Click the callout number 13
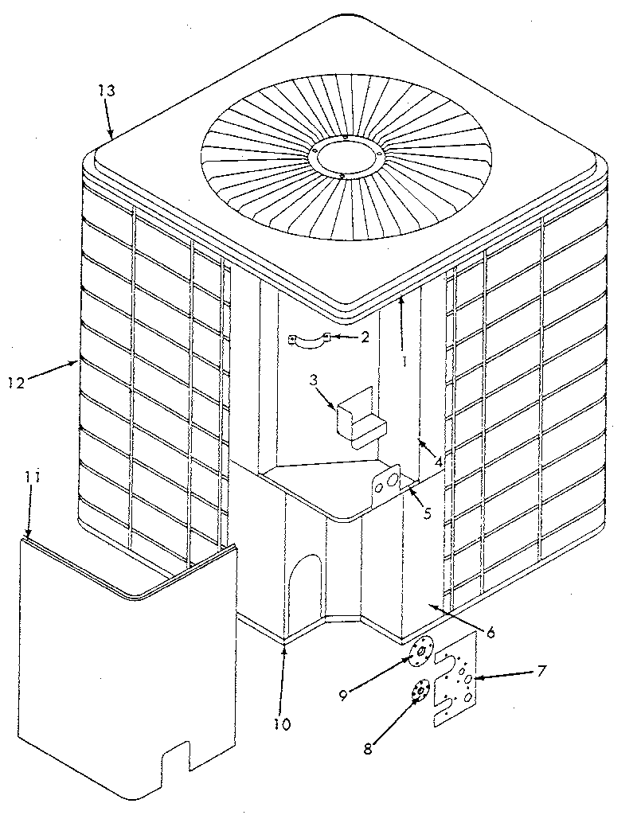[x=107, y=91]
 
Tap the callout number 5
[x=427, y=513]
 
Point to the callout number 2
[x=365, y=337]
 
